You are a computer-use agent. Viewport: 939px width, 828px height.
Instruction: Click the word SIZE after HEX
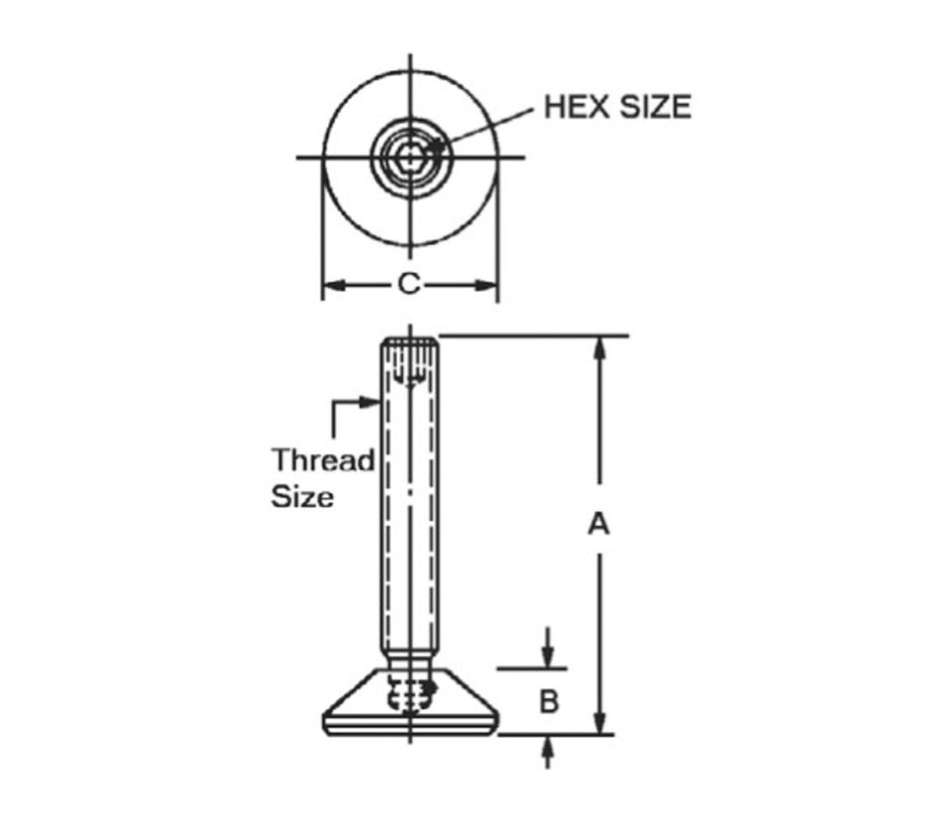pyautogui.click(x=656, y=106)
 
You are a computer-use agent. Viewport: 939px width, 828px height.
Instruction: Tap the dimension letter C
pyautogui.click(x=408, y=284)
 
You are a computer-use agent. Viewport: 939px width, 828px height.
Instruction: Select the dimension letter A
pyautogui.click(x=599, y=523)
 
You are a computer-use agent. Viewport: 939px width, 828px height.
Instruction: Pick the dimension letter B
pyautogui.click(x=549, y=701)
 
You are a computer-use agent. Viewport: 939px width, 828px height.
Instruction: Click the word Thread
pyautogui.click(x=323, y=460)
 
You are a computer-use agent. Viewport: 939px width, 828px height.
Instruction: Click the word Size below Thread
pyautogui.click(x=302, y=497)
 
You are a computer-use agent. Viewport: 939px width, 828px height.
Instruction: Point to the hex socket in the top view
pyautogui.click(x=408, y=157)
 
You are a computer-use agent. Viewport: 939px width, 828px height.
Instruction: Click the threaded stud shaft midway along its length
pyautogui.click(x=409, y=501)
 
